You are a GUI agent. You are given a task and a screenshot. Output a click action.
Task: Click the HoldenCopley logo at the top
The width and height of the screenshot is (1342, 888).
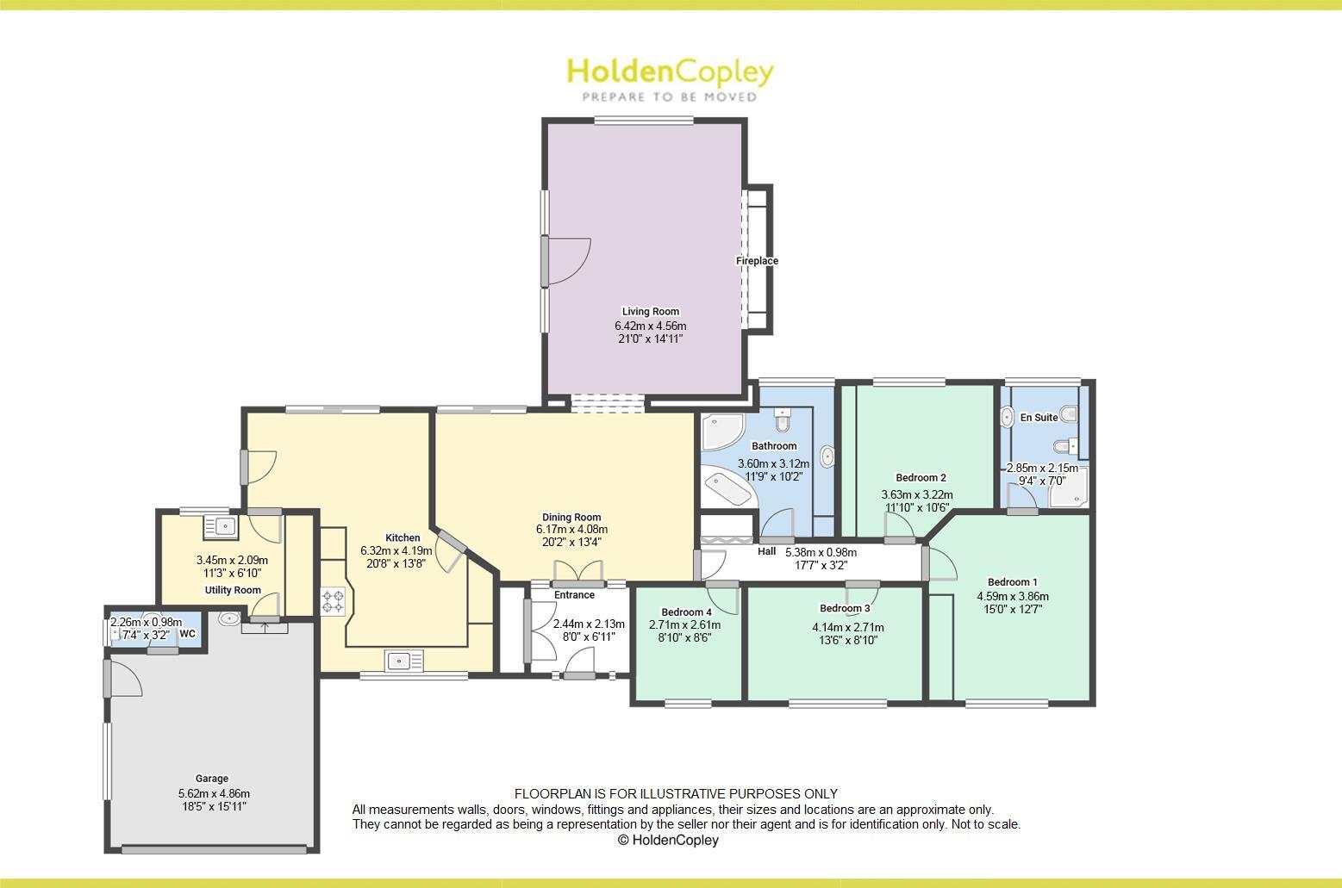pos(670,78)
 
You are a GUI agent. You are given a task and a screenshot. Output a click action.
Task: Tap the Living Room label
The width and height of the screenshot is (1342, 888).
pos(650,312)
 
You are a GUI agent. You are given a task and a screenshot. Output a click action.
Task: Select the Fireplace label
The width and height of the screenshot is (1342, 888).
pos(757,261)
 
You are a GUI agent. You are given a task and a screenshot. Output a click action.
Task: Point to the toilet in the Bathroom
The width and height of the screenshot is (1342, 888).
pos(782,421)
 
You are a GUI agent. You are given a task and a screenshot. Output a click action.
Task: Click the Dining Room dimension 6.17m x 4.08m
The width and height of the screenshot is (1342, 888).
pos(571,530)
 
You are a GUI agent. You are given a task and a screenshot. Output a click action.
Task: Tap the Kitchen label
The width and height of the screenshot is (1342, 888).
pos(403,537)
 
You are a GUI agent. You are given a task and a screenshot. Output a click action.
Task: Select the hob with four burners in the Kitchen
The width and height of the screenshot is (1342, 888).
pos(333,600)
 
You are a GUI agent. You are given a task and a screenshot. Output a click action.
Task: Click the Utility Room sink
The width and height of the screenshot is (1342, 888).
pos(221,525)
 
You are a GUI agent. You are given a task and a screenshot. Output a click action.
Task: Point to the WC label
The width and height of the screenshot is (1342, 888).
pos(188,634)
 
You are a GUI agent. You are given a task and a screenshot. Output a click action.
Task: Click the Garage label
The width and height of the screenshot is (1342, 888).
pos(211,779)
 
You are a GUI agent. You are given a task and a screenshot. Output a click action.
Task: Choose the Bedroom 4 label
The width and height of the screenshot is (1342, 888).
pos(686,612)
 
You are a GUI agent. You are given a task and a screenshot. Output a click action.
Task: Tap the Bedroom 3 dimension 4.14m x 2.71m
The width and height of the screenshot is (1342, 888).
pos(847,628)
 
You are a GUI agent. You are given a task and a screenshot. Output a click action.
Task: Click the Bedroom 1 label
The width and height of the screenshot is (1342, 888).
pos(1012,582)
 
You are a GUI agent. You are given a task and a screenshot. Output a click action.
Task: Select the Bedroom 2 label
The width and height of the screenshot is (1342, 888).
pos(921,478)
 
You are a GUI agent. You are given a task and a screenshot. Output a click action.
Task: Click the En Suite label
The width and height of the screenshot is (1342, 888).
pos(1039,418)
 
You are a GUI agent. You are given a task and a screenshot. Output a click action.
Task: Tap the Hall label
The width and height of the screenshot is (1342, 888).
pos(766,552)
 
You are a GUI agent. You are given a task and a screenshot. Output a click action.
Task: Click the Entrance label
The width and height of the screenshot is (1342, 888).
pos(574,595)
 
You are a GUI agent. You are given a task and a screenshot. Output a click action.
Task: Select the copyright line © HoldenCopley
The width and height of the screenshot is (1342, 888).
pos(668,841)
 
